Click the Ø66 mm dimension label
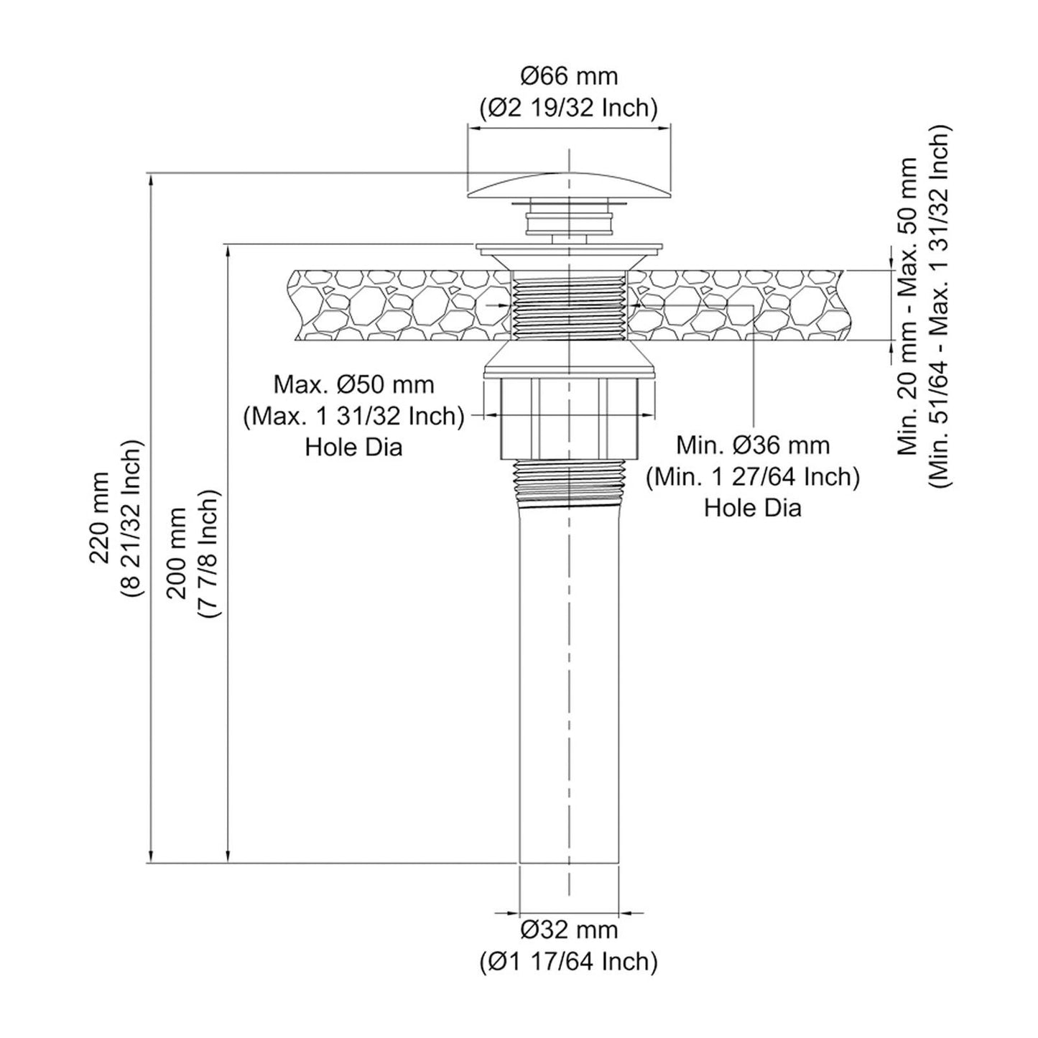click(x=569, y=76)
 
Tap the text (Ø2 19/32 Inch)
click(x=569, y=108)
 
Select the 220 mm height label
click(x=101, y=518)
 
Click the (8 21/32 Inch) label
click(x=132, y=518)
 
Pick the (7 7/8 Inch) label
click(x=209, y=553)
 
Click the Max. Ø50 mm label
click(x=354, y=385)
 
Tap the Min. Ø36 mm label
click(x=753, y=445)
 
